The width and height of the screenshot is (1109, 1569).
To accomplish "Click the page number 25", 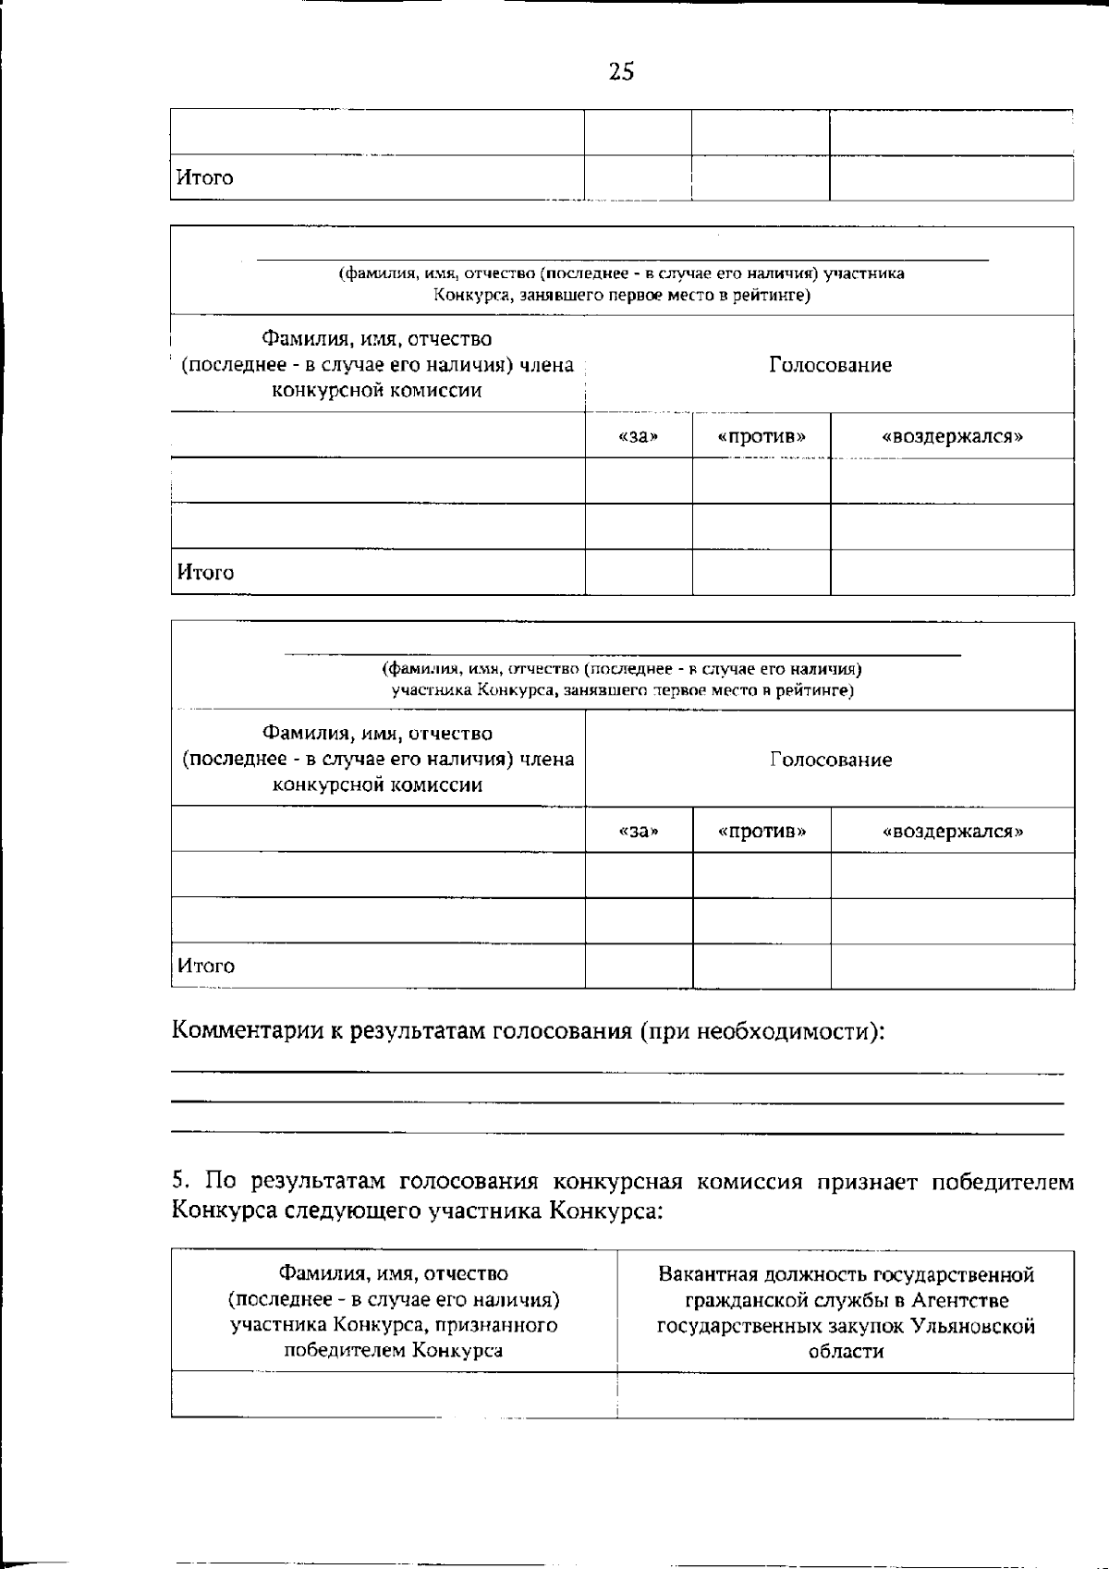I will pos(621,72).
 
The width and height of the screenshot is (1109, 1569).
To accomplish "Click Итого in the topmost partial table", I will pos(205,177).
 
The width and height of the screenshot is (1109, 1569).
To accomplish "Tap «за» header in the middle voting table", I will pos(638,436).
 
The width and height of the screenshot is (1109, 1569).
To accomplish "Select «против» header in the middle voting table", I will pos(762,436).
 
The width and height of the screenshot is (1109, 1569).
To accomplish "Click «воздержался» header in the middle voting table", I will pos(953,436).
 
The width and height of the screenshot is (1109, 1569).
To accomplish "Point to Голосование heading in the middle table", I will pos(830,365).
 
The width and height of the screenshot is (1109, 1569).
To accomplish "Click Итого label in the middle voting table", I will pos(205,572).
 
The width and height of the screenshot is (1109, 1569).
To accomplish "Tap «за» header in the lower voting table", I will pos(638,831).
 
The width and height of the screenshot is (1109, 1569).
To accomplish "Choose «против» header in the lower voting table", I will pos(762,831).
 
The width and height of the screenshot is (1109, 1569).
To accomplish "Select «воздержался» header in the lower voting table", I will pos(953,831).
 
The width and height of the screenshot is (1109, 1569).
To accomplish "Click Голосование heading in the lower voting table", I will pos(830,760).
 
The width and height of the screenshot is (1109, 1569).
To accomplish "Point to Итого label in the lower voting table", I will pos(205,966).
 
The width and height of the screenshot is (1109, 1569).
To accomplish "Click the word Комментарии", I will pos(248,1030).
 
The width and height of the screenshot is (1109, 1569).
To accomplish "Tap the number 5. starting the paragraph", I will pos(180,1181).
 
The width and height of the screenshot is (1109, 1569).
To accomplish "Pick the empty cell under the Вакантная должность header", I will pos(845,1395).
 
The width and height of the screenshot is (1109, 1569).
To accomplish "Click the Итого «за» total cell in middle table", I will pos(638,572).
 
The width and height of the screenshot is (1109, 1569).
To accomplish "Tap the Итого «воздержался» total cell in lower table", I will pos(952,966).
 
